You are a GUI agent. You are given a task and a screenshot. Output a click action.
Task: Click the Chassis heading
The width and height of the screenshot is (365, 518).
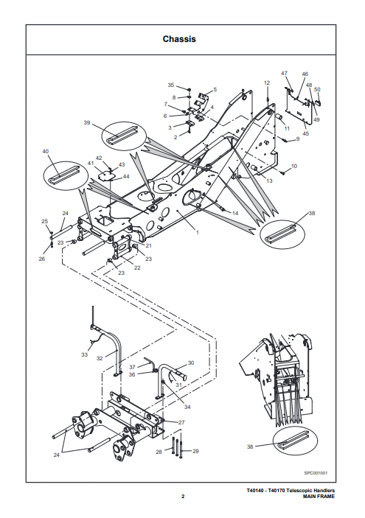pos(179,39)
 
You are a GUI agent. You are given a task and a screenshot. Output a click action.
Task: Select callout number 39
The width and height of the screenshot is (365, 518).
pos(86,122)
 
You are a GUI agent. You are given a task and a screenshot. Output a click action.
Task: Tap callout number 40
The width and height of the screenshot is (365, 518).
pos(45,151)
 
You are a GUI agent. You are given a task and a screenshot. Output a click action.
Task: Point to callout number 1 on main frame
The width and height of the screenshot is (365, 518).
pos(198,232)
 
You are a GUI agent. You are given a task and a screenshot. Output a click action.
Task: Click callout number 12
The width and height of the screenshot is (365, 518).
pos(267,83)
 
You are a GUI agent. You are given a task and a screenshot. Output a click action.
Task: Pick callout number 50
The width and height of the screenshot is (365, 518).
pos(317,89)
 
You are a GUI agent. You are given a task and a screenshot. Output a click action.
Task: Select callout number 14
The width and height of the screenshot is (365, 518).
pos(235,213)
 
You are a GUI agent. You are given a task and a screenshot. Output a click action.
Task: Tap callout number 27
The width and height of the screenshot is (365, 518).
pos(181,422)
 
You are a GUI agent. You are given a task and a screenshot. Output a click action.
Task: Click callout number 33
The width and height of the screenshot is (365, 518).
pos(84,354)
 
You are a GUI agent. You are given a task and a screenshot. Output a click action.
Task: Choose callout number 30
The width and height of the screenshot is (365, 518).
pos(191,363)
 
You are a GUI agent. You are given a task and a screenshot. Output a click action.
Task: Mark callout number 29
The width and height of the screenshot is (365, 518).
pos(195,451)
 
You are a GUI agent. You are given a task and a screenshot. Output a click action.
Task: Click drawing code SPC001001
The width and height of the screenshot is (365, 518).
pos(316,473)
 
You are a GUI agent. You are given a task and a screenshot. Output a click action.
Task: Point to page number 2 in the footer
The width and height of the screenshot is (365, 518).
pos(183,496)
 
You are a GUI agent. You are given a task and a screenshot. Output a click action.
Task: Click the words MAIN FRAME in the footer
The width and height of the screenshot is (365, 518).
pos(319,496)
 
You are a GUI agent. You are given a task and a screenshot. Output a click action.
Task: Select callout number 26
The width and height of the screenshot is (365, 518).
pos(41,259)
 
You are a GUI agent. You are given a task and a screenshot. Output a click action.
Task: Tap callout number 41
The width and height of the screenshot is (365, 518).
pos(91,163)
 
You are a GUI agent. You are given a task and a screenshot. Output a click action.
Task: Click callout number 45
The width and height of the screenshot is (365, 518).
pos(306,133)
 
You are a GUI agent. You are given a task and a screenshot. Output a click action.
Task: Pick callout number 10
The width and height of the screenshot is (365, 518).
pos(294,166)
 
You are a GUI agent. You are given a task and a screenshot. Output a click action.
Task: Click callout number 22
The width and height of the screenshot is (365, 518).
pos(137,267)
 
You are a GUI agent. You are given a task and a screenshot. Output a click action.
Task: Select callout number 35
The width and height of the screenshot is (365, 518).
pos(170,85)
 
